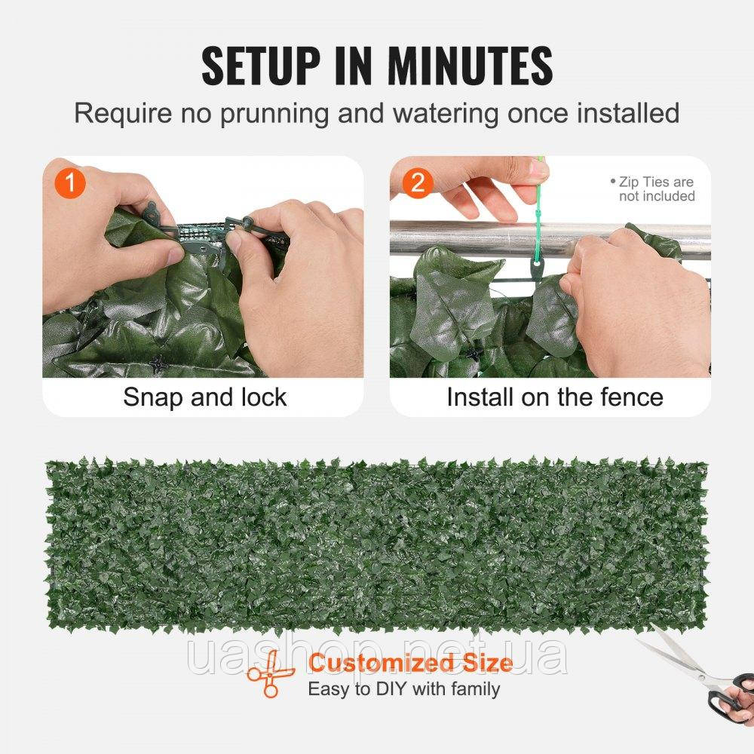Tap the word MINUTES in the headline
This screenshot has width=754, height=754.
470,66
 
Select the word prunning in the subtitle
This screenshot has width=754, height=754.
274,115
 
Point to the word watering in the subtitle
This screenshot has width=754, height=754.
446,115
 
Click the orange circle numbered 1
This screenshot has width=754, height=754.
70,182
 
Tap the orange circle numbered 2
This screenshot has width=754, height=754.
418,182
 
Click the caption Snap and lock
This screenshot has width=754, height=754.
205,397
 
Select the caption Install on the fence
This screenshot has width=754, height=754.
555,397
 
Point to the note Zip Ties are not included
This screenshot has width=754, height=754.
653,189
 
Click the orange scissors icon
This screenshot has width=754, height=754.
270,673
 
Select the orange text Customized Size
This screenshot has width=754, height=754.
411,663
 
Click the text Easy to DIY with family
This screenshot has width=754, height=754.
404,689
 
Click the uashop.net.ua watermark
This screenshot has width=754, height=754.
378,656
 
